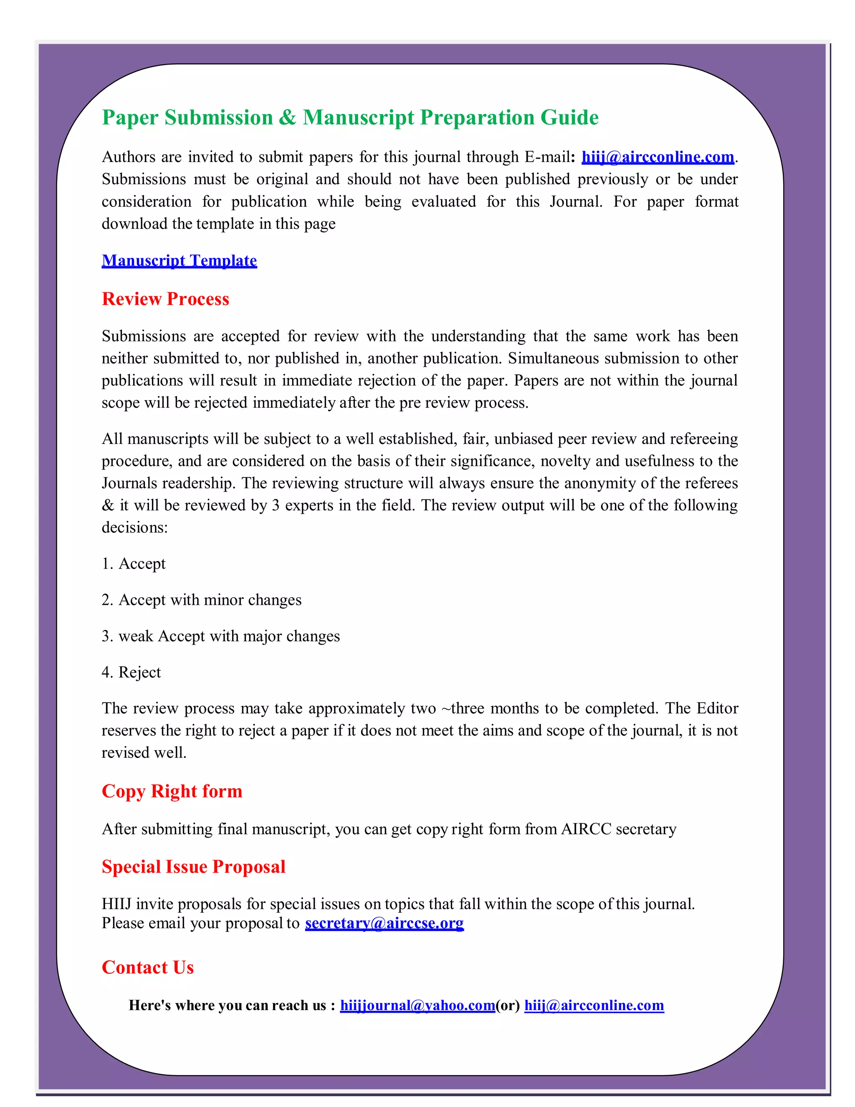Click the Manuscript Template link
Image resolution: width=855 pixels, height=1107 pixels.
tap(179, 261)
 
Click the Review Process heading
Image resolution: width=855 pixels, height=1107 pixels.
tap(165, 299)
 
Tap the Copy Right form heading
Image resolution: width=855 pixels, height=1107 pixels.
tap(172, 791)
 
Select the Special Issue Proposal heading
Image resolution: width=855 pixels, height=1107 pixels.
tap(193, 867)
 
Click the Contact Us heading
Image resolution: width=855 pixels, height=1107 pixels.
tap(147, 967)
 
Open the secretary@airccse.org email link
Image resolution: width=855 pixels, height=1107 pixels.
tap(384, 923)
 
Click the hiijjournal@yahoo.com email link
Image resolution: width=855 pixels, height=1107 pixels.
tap(417, 1005)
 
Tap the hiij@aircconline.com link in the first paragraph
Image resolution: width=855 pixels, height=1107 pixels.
tap(658, 157)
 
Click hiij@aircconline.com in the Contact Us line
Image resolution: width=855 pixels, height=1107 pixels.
tap(594, 1005)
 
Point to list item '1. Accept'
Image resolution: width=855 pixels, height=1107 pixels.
tap(134, 564)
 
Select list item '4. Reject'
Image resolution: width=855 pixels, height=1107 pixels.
tap(131, 672)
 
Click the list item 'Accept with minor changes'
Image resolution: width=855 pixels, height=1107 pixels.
tap(202, 600)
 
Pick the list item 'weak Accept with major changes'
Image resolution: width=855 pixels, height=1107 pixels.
tap(221, 636)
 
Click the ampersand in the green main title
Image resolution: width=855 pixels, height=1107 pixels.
tap(287, 118)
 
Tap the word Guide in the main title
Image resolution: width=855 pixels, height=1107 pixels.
tap(569, 118)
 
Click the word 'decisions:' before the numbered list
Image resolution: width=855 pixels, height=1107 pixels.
tap(135, 528)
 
